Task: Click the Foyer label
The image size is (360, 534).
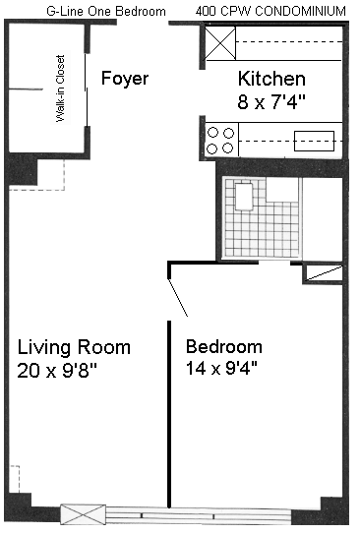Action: pos(125,79)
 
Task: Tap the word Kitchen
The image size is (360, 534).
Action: pos(271,79)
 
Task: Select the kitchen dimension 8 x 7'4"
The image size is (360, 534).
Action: pos(271,101)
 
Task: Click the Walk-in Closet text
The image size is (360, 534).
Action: pos(61,89)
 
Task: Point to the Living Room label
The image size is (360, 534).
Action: pos(74,347)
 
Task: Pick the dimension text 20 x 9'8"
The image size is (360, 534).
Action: pos(57,370)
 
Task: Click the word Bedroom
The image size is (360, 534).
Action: pos(224,347)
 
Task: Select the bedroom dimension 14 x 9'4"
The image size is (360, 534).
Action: pos(221,368)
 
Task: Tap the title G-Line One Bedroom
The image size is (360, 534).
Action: pos(106,11)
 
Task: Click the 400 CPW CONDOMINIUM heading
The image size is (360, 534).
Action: pos(270,11)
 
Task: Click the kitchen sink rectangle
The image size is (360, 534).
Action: pos(314,141)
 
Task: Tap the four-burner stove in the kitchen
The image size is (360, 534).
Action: pos(221,141)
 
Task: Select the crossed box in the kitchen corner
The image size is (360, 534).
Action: pos(220,43)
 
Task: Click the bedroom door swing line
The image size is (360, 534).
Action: pos(178,298)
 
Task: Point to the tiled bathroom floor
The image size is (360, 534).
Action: pos(262,218)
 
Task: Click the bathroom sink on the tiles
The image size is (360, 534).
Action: pos(244,197)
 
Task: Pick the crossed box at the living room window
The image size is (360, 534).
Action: pos(83,514)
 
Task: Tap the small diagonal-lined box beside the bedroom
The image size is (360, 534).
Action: pos(323,273)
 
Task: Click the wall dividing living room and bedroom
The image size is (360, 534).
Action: pos(169,414)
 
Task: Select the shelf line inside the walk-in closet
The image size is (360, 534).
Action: pos(26,89)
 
